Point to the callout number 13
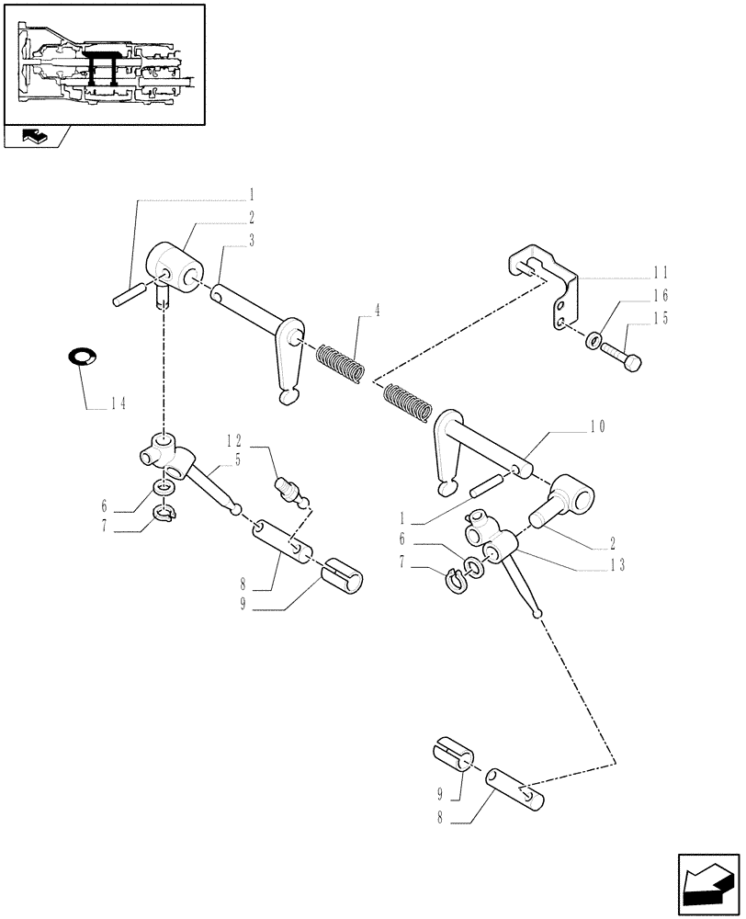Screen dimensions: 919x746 point(617,565)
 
